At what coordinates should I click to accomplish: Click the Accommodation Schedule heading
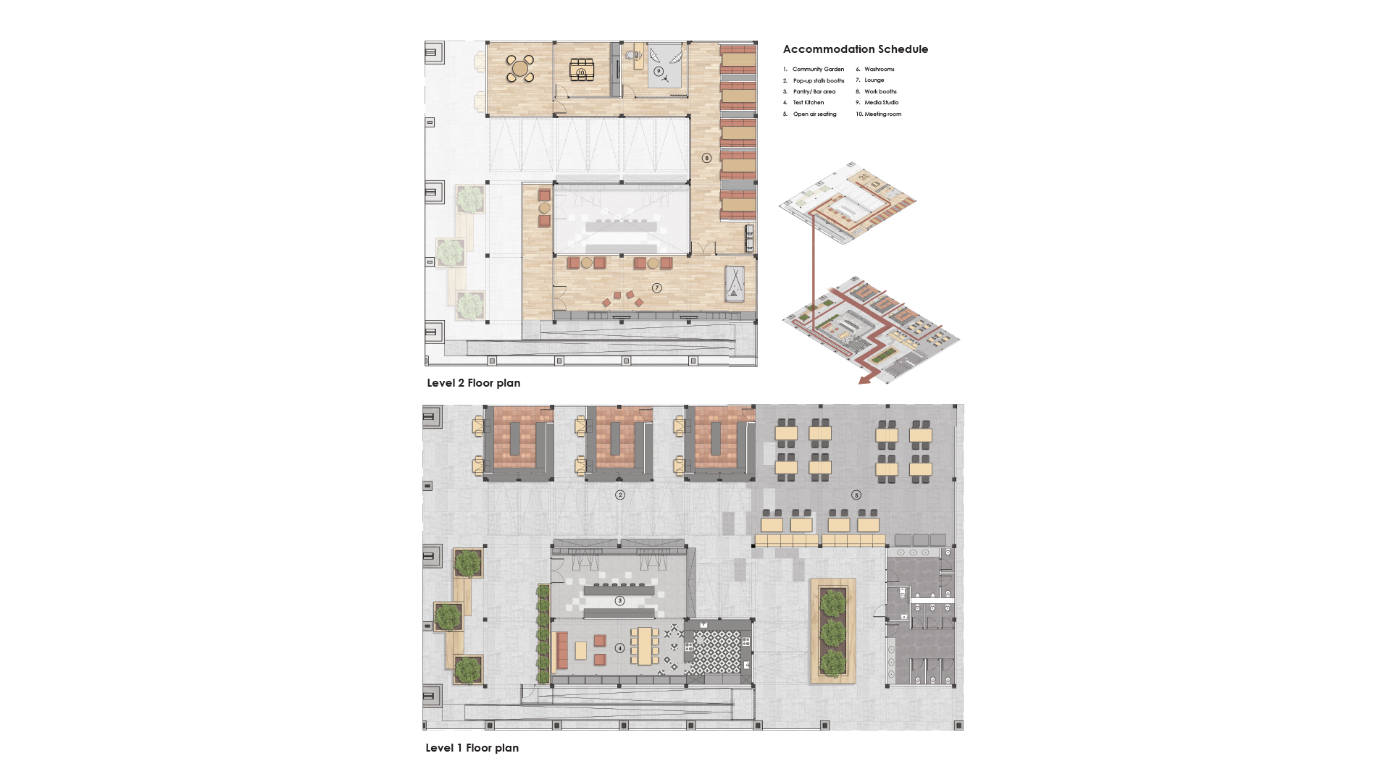click(x=855, y=49)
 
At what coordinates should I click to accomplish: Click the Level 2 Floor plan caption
click(x=473, y=383)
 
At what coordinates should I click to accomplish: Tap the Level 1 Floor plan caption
click(x=472, y=748)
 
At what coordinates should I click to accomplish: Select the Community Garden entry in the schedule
click(x=818, y=70)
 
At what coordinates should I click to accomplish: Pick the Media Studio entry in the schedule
click(x=881, y=103)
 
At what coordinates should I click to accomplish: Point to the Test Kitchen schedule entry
click(x=808, y=103)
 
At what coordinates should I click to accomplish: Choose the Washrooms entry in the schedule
click(x=879, y=70)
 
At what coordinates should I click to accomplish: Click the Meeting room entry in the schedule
click(x=882, y=114)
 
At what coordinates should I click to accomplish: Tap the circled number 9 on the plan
click(x=659, y=72)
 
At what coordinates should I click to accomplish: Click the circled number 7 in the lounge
click(x=657, y=288)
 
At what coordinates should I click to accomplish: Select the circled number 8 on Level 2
click(x=707, y=158)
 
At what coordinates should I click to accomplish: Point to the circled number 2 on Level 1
click(x=620, y=495)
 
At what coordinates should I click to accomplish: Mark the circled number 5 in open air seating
click(x=856, y=495)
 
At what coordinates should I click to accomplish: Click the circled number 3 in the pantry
click(x=619, y=601)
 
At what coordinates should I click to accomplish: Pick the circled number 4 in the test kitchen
click(x=619, y=648)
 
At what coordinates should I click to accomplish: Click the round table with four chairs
click(x=519, y=69)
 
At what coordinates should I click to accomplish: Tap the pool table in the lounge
click(x=735, y=284)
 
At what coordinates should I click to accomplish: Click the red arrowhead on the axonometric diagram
click(x=864, y=380)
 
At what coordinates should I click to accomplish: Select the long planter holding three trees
click(x=833, y=631)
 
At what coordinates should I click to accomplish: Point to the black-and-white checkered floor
click(x=713, y=652)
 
